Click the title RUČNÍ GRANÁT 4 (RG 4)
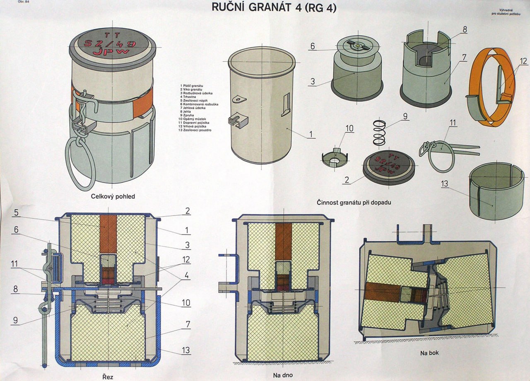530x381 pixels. pos(274,8)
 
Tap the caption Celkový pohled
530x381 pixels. pos(113,196)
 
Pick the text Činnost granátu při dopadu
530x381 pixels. pos(354,203)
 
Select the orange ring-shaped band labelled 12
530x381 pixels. pos(491,87)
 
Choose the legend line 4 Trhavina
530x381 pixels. pos(190,97)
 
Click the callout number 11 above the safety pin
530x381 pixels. pos(453,123)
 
